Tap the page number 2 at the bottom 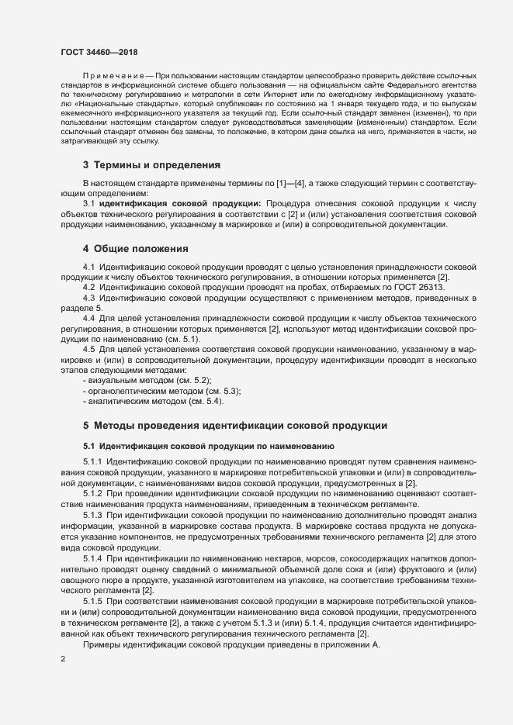[x=63, y=659]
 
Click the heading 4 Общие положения [x=136, y=249]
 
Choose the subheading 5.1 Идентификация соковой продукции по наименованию [x=209, y=447]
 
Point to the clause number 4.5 [x=90, y=349]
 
